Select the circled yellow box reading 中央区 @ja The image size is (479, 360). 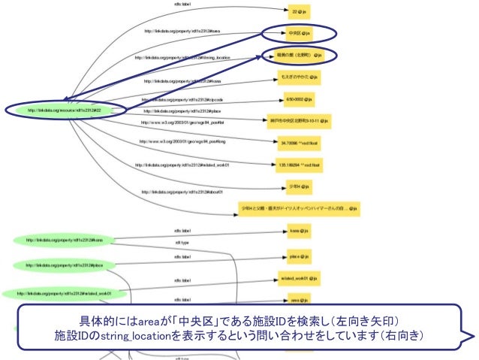point(297,34)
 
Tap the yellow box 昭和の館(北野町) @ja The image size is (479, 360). point(297,55)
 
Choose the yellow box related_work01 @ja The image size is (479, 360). point(299,278)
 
